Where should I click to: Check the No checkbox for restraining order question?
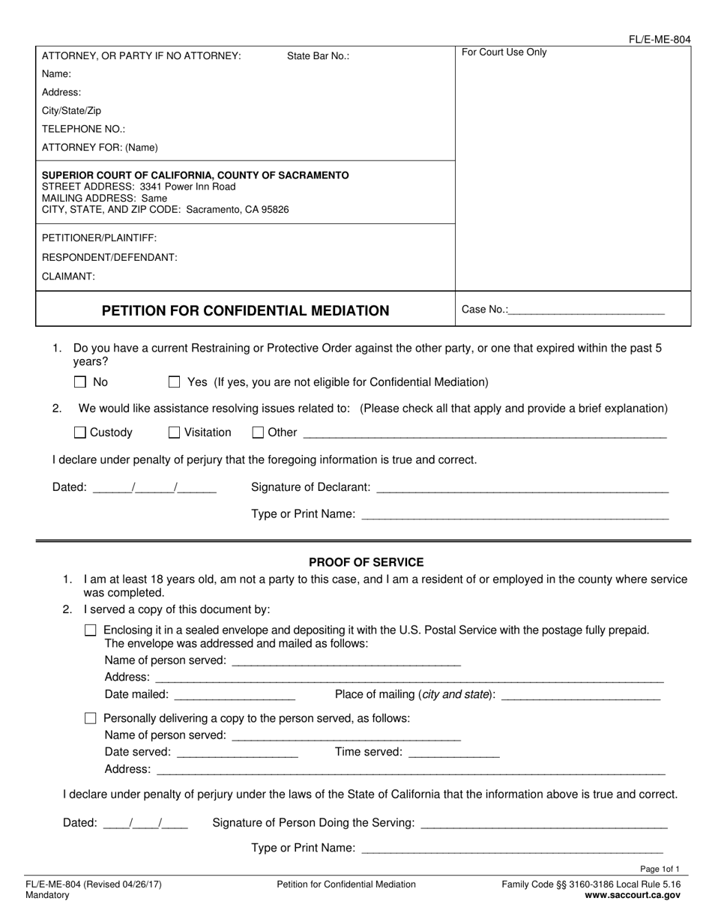(80, 382)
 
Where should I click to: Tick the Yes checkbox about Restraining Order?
(175, 382)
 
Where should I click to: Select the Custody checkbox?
(80, 433)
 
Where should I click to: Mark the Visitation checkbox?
(175, 433)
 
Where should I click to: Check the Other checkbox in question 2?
(258, 433)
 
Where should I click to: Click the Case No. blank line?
(585, 310)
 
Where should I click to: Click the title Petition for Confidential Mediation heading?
(245, 310)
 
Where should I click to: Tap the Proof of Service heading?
(366, 562)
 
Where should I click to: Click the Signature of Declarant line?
(522, 489)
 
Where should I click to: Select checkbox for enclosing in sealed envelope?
(91, 630)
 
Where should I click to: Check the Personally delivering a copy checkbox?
(91, 718)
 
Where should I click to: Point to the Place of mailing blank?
(580, 696)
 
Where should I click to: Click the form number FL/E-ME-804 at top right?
(660, 40)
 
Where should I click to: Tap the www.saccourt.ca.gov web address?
(633, 895)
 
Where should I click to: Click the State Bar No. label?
(318, 56)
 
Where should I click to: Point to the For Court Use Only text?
(504, 52)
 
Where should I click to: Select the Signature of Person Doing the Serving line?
(544, 824)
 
